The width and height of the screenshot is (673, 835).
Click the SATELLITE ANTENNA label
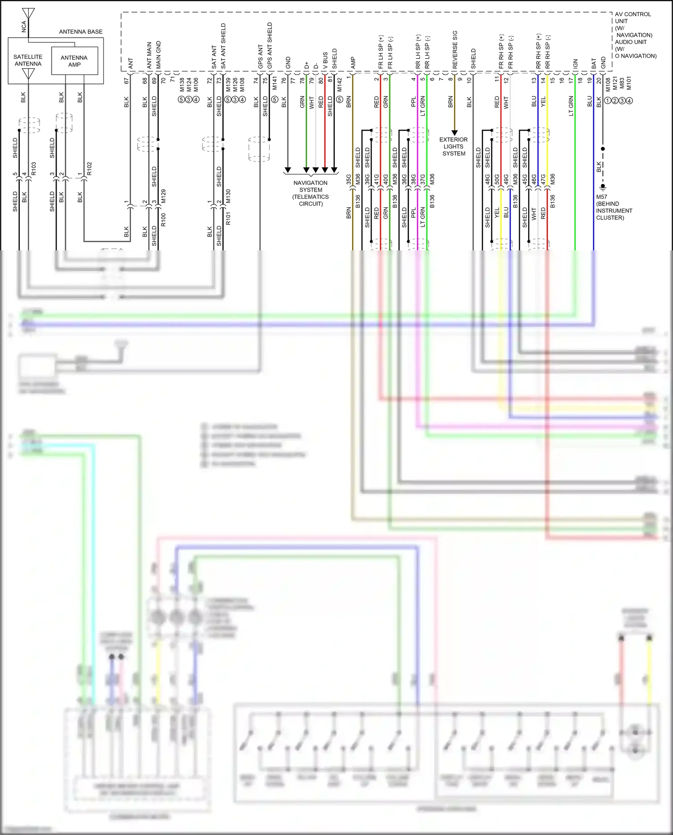tap(28, 60)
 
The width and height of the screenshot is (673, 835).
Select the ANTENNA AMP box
tap(74, 61)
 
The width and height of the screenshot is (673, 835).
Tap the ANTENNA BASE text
tap(81, 31)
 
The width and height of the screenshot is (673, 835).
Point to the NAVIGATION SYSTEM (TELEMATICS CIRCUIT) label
tap(310, 193)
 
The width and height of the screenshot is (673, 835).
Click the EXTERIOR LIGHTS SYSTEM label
tap(454, 146)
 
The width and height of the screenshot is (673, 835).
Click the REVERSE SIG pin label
tap(455, 49)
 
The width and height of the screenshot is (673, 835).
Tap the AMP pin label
tap(353, 62)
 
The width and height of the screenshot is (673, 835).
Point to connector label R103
tap(34, 168)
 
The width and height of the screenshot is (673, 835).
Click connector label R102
tap(89, 168)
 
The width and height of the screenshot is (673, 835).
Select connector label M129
tap(163, 196)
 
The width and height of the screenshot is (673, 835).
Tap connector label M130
tap(228, 196)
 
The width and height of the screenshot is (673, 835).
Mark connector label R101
tap(228, 219)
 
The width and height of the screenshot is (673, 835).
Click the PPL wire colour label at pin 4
tap(413, 102)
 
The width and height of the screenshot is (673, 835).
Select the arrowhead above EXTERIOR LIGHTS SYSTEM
tap(454, 133)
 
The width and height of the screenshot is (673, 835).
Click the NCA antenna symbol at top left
tap(28, 13)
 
